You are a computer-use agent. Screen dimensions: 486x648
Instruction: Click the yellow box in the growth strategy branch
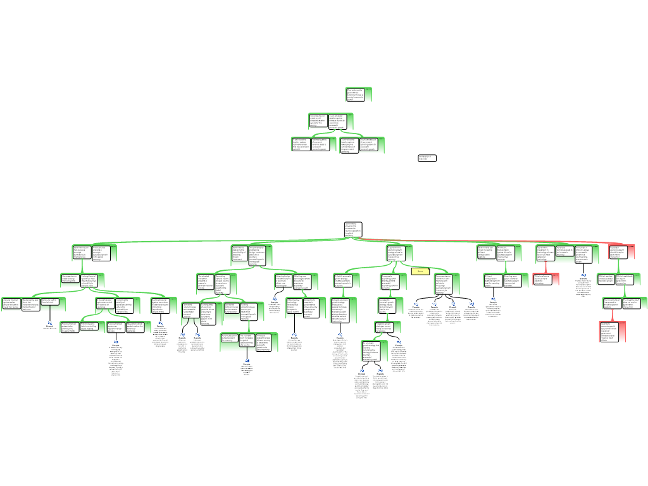pos(420,271)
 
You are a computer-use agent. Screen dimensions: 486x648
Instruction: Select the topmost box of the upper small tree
pos(358,95)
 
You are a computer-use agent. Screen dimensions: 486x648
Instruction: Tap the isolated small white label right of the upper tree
pos(427,158)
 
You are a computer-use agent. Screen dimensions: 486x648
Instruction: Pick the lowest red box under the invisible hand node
pos(613,332)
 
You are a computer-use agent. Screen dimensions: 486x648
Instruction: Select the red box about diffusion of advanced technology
pos(546,280)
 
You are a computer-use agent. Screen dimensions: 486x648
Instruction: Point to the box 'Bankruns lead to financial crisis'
pos(53,302)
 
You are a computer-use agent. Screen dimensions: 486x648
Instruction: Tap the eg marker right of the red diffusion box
pos(583,275)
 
